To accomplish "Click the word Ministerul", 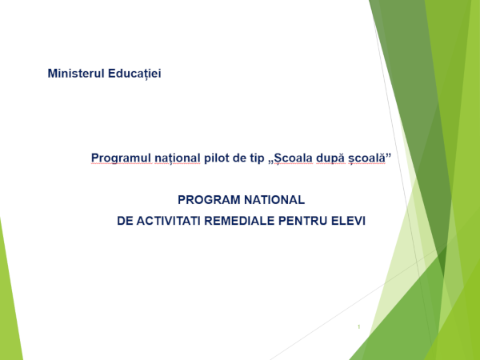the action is [76, 74].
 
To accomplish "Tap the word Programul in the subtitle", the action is [121, 158].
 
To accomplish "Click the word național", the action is [178, 158].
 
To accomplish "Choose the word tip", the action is [257, 158].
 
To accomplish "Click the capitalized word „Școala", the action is [290, 158].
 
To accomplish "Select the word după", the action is [330, 158].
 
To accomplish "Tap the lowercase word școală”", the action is [370, 158].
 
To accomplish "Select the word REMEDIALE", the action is [239, 221].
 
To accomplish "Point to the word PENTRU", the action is [302, 221].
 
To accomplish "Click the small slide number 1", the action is [358, 327].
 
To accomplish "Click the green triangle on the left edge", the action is [9, 306].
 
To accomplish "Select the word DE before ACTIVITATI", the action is [125, 221].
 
